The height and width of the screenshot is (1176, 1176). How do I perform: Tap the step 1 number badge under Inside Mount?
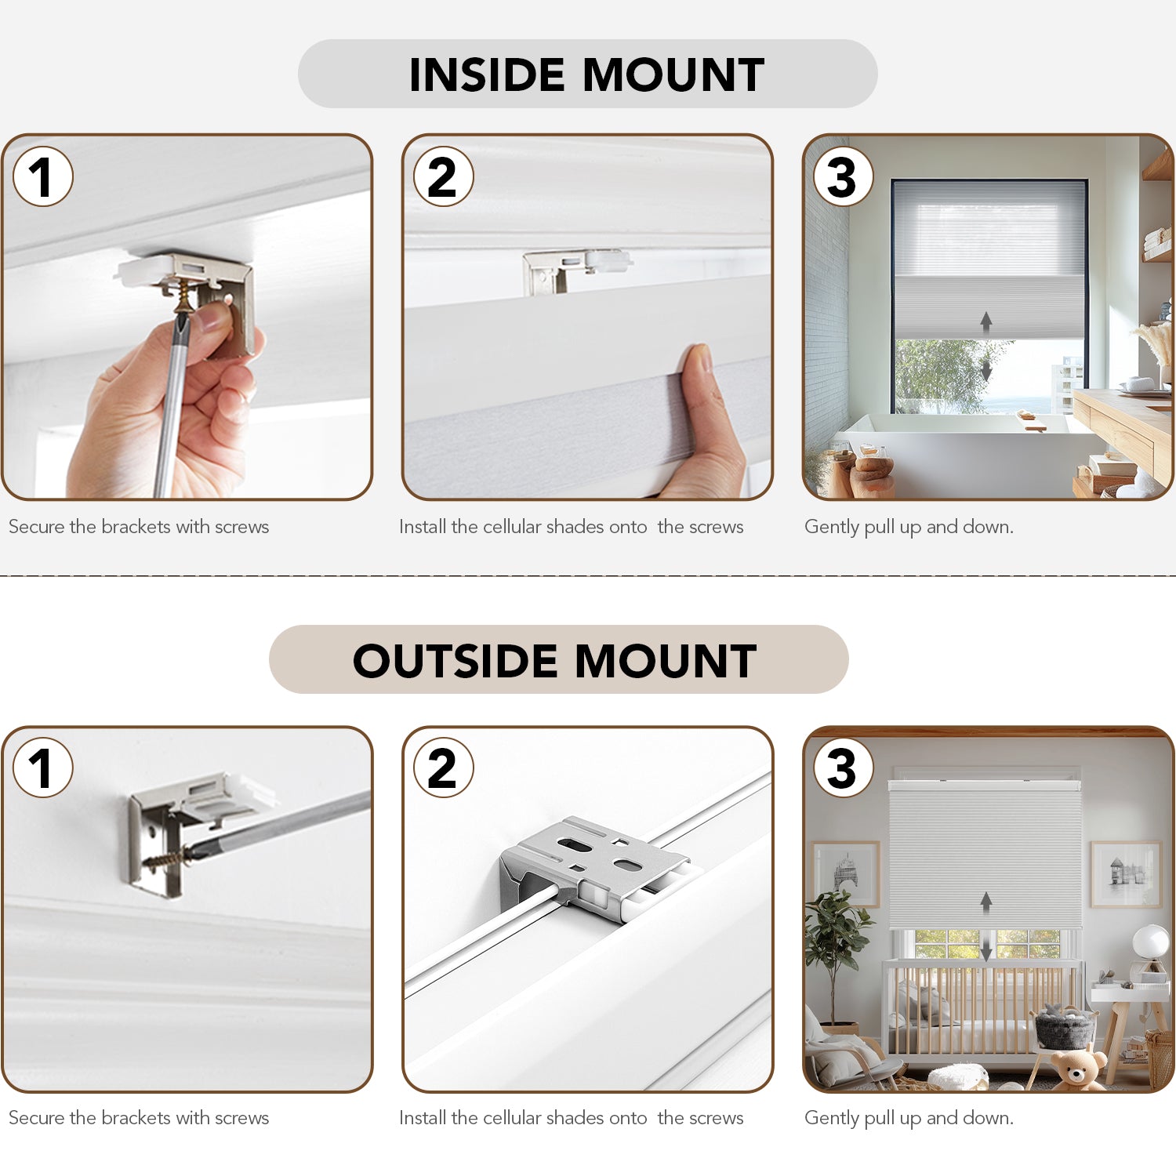coord(43,176)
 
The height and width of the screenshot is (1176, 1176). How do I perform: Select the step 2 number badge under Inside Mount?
coord(444,176)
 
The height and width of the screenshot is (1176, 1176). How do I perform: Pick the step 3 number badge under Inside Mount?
coord(844,176)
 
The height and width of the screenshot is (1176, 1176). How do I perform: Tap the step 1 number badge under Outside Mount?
coord(43,768)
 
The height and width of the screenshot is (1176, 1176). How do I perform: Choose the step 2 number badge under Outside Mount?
coord(444,768)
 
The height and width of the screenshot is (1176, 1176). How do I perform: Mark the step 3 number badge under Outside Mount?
coord(844,768)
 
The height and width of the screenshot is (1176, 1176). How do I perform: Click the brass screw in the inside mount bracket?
coord(183,297)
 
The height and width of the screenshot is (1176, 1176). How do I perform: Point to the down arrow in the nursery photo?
coord(986,949)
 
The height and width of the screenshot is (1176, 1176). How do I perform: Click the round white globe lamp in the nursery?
coord(1151,941)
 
